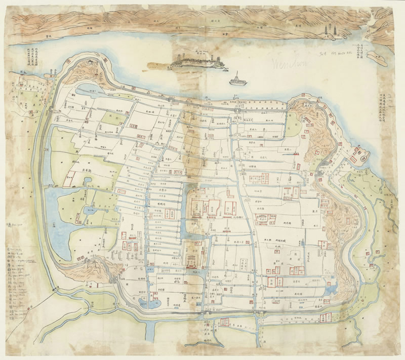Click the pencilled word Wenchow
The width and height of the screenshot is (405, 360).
[291, 64]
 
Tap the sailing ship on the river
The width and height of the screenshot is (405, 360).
[236, 79]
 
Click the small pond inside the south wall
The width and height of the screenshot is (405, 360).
[150, 303]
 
